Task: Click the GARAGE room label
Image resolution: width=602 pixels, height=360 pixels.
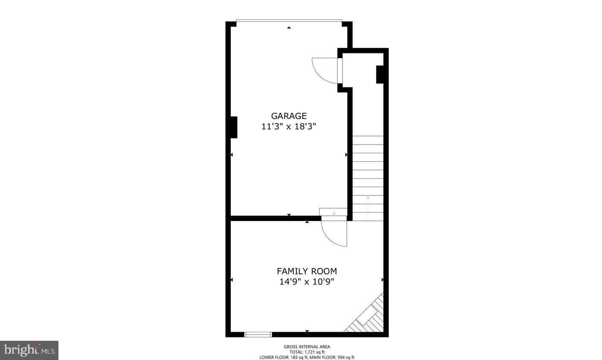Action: (x=289, y=116)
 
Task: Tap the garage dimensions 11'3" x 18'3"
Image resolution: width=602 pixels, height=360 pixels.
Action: (x=289, y=126)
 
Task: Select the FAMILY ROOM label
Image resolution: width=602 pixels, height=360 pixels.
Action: (x=307, y=271)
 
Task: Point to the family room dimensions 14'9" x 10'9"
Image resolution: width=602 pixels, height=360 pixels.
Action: (x=307, y=282)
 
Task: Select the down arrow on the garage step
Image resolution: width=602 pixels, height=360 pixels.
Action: (x=334, y=213)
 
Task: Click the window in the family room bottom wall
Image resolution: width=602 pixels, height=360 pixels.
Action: (x=258, y=334)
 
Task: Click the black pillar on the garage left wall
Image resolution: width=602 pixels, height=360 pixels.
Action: (x=233, y=127)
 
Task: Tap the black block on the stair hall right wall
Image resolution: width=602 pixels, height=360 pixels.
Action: (x=380, y=74)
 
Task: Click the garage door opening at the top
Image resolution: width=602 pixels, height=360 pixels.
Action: (x=289, y=20)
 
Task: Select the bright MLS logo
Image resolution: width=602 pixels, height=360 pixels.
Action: (x=29, y=350)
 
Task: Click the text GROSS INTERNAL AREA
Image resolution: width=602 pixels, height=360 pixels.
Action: (x=307, y=347)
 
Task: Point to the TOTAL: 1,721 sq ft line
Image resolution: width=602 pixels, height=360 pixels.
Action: (x=307, y=352)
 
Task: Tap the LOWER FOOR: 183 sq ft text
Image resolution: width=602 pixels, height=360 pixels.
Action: (x=284, y=357)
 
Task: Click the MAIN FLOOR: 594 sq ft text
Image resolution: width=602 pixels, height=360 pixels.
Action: (x=332, y=357)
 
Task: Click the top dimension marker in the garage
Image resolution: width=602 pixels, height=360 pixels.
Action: (x=289, y=27)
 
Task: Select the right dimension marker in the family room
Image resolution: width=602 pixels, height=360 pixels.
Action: (x=382, y=280)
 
